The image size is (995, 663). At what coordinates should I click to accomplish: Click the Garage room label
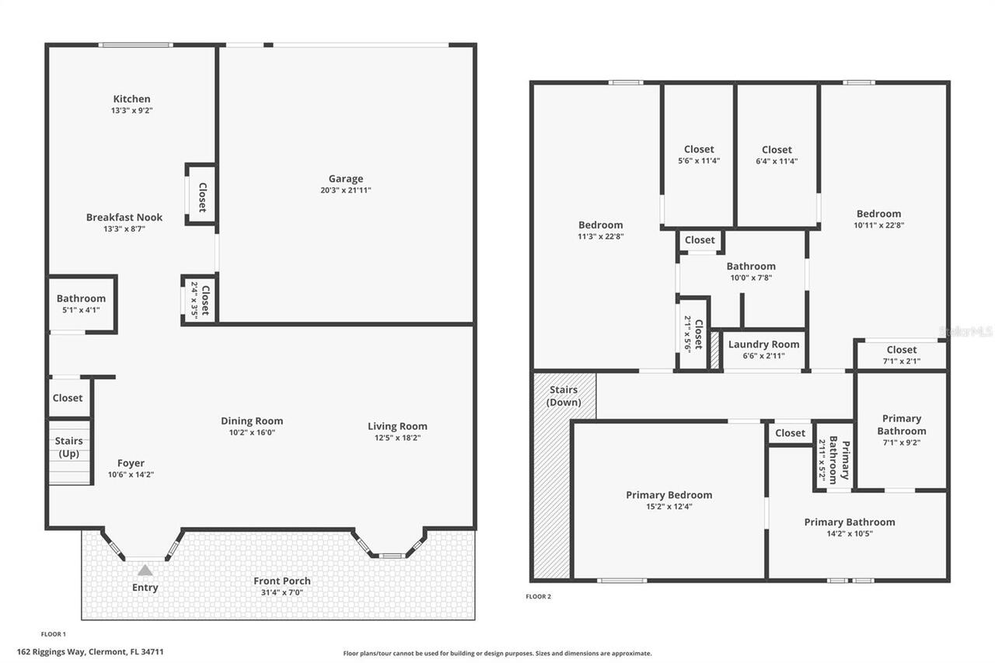click(x=346, y=179)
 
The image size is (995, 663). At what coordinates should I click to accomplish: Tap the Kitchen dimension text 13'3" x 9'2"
click(x=131, y=111)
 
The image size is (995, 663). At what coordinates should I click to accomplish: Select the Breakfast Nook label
click(x=124, y=218)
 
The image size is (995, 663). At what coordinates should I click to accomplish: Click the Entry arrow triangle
click(x=145, y=571)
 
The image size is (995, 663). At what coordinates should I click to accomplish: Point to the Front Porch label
click(x=282, y=581)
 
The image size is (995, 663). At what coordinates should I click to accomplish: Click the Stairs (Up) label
click(x=68, y=447)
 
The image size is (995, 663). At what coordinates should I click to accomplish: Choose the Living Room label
click(x=397, y=426)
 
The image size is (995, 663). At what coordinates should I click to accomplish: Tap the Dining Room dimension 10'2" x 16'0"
click(x=252, y=433)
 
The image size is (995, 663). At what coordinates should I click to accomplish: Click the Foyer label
click(x=131, y=463)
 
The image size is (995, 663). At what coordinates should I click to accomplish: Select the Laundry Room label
click(x=763, y=344)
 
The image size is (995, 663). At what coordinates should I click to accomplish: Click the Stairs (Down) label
click(x=564, y=396)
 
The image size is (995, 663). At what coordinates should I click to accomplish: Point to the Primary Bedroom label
click(x=669, y=495)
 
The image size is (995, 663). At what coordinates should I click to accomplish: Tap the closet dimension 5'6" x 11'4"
click(x=699, y=162)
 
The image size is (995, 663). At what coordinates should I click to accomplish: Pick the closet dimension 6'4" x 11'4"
click(x=777, y=162)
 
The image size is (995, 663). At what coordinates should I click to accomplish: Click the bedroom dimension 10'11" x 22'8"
click(x=878, y=225)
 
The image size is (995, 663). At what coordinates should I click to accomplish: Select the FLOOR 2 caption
click(x=538, y=597)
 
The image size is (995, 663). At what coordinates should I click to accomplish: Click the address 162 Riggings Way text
click(x=90, y=652)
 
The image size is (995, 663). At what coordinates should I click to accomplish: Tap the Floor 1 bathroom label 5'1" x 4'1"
click(x=81, y=310)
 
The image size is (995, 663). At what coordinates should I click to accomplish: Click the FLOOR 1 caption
click(x=54, y=634)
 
